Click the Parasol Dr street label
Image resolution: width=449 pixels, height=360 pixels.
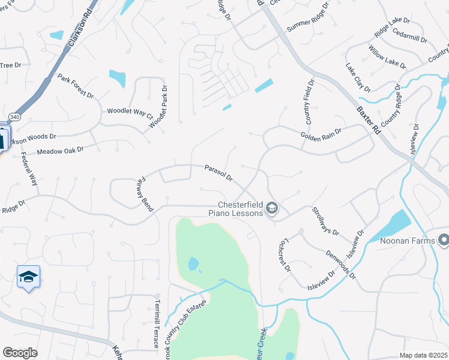pos(218,172)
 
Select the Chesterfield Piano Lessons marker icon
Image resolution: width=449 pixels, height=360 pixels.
pos(272,208)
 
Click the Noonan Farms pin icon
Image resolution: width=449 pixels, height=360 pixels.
pos(444,240)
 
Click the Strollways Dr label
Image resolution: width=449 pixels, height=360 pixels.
pos(325,221)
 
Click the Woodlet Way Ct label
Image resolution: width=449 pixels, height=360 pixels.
pos(130,112)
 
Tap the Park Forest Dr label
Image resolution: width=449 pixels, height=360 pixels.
pos(76,86)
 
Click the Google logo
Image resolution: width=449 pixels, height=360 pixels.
pos(20,353)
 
